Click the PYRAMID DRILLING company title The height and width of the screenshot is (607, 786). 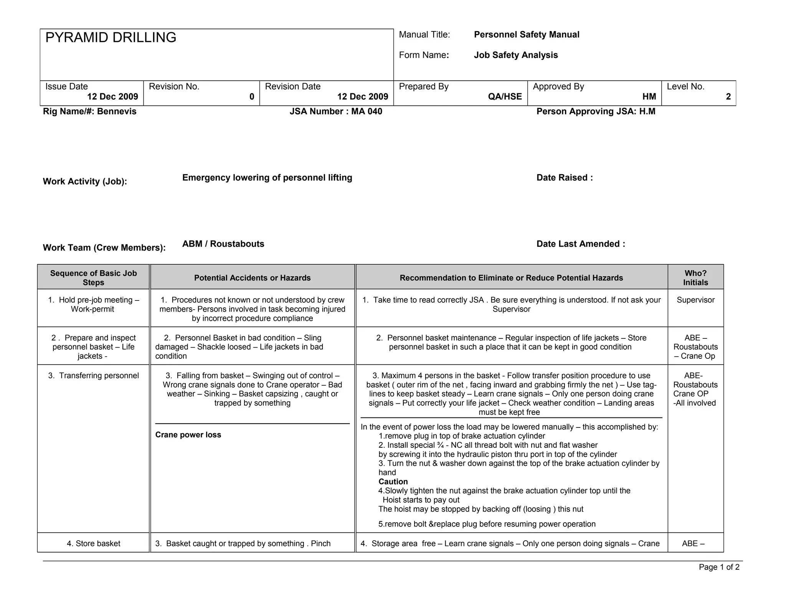[111, 38]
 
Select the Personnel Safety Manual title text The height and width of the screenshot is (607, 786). [526, 35]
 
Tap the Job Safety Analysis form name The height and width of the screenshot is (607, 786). [515, 55]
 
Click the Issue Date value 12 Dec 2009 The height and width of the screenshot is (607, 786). [112, 97]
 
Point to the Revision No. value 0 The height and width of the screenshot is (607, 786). [252, 97]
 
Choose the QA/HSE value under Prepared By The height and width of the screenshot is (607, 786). [505, 97]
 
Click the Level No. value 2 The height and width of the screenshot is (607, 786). [728, 97]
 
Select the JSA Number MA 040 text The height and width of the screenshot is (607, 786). [336, 112]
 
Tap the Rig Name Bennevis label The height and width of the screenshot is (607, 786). [89, 112]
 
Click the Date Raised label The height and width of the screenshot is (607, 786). [564, 178]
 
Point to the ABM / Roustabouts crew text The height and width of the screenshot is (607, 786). [223, 244]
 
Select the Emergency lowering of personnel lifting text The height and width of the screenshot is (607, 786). [267, 178]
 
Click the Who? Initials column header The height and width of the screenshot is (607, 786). [695, 278]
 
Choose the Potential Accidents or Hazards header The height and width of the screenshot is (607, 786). [252, 278]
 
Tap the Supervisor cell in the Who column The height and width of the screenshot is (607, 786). [695, 300]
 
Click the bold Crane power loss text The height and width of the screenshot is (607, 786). [188, 435]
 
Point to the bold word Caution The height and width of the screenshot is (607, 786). [393, 482]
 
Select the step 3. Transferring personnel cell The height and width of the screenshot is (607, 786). [93, 376]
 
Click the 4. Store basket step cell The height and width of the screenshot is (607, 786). [93, 543]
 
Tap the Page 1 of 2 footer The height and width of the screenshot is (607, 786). [719, 567]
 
